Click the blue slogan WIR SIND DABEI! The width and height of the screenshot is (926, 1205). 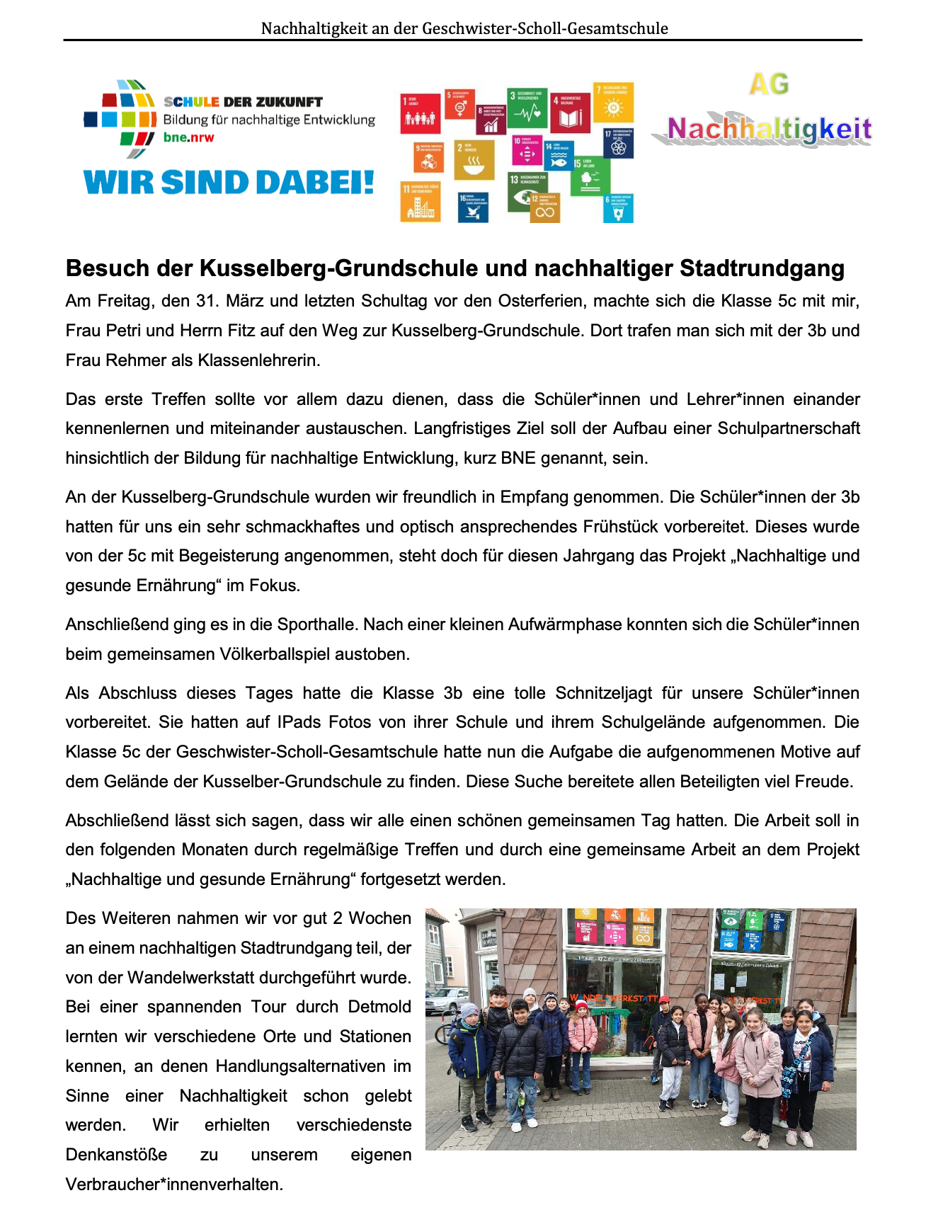click(229, 183)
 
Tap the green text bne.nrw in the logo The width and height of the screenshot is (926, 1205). click(188, 137)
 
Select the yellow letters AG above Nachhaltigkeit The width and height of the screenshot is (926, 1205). click(769, 85)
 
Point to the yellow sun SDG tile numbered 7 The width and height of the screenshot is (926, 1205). click(614, 102)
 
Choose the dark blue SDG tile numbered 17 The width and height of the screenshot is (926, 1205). click(618, 143)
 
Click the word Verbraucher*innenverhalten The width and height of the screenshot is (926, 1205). click(174, 1184)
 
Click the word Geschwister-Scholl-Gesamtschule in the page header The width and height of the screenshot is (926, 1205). click(545, 28)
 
